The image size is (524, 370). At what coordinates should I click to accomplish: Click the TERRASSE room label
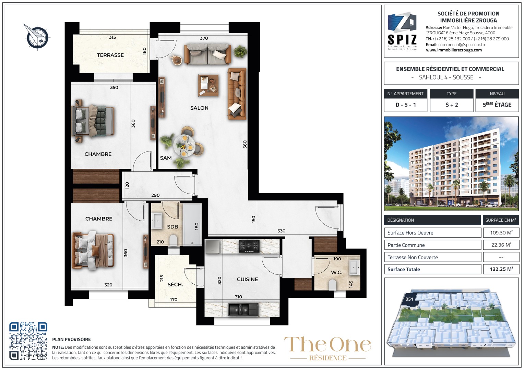(x=110, y=55)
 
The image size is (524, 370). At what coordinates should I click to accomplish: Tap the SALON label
(x=199, y=108)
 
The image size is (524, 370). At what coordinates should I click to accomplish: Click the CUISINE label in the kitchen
(x=247, y=279)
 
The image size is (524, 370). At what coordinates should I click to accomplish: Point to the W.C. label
(x=337, y=273)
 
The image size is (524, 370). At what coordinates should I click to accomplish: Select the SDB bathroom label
(x=172, y=227)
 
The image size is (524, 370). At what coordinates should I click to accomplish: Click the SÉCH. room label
(x=175, y=284)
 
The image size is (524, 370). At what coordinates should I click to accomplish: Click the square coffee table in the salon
(x=208, y=85)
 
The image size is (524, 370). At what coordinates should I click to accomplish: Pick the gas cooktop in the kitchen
(x=249, y=246)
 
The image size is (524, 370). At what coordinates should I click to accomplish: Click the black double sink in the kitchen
(x=243, y=310)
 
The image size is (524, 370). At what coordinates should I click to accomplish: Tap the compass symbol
(x=37, y=37)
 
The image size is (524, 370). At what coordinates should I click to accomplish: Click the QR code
(x=28, y=341)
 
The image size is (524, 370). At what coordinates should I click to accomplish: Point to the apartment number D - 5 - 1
(x=406, y=105)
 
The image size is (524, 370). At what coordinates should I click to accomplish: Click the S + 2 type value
(x=452, y=105)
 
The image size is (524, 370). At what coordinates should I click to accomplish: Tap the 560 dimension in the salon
(x=245, y=145)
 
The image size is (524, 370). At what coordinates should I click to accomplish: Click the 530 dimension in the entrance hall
(x=282, y=231)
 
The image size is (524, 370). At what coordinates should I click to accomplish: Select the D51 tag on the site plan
(x=409, y=299)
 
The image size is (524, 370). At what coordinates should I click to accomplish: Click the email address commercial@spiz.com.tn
(x=462, y=45)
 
